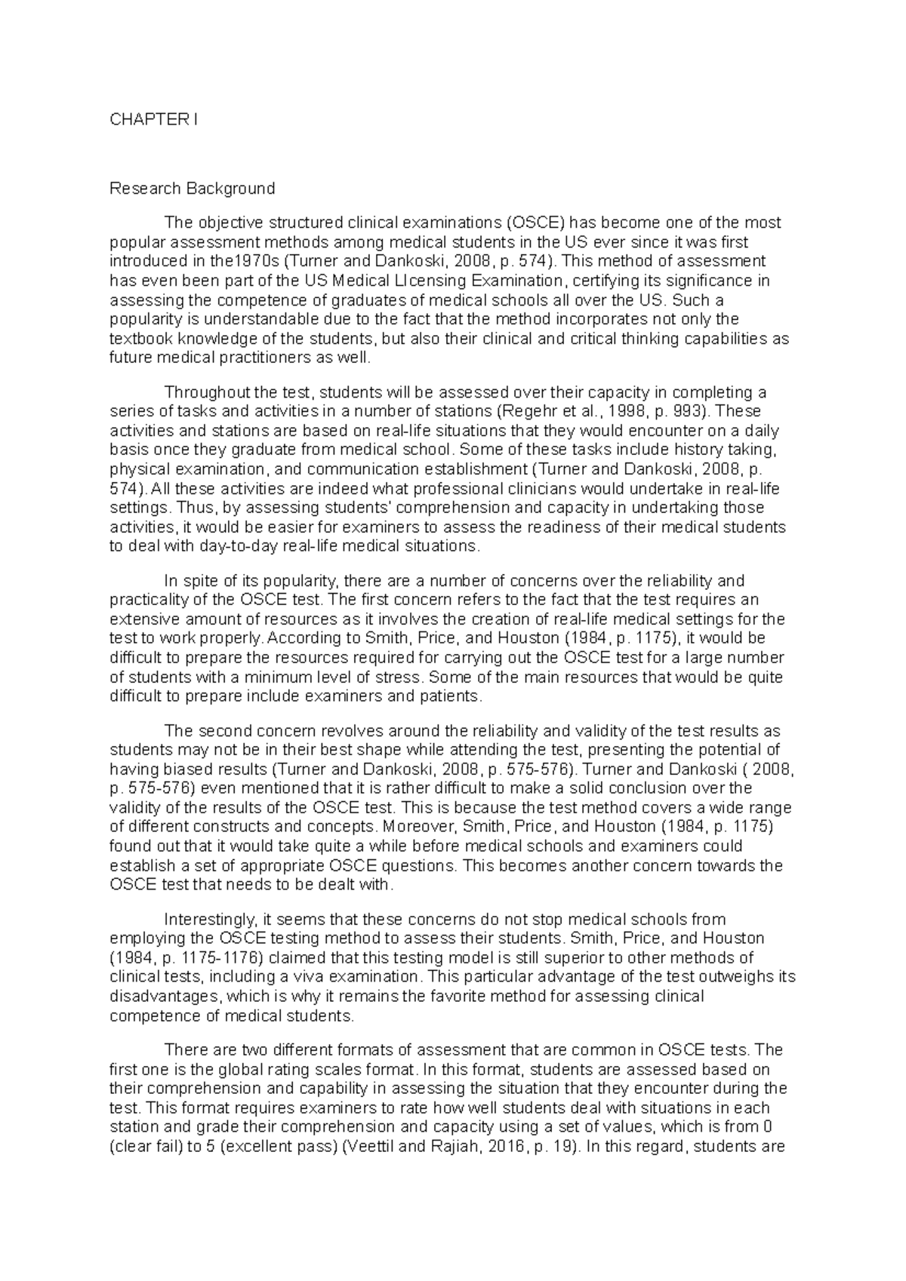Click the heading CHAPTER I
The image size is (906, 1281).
[154, 119]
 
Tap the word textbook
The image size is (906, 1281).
[137, 339]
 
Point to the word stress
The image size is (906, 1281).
[400, 677]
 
